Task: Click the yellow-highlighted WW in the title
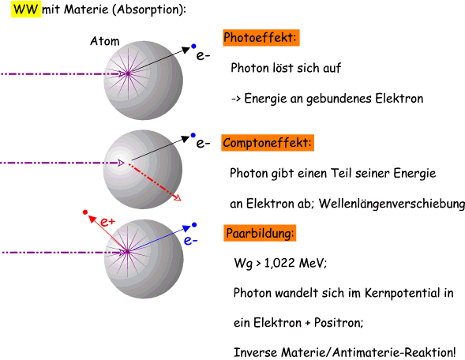[x=26, y=9]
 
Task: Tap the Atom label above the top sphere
[x=105, y=41]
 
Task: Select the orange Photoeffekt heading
[x=261, y=38]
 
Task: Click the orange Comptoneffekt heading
[x=268, y=143]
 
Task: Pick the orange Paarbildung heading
[x=260, y=233]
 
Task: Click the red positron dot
[x=85, y=212]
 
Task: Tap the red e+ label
[x=107, y=222]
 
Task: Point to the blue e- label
[x=190, y=240]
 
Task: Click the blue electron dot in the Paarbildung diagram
[x=194, y=225]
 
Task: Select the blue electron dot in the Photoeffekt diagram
[x=193, y=46]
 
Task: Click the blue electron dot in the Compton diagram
[x=193, y=135]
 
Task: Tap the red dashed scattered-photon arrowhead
[x=178, y=197]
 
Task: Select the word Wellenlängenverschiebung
[x=392, y=204]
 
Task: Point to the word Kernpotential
[x=403, y=293]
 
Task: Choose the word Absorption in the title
[x=149, y=9]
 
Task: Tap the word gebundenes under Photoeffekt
[x=339, y=99]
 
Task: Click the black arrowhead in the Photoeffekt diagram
[x=186, y=50]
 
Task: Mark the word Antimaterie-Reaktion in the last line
[x=394, y=353]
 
